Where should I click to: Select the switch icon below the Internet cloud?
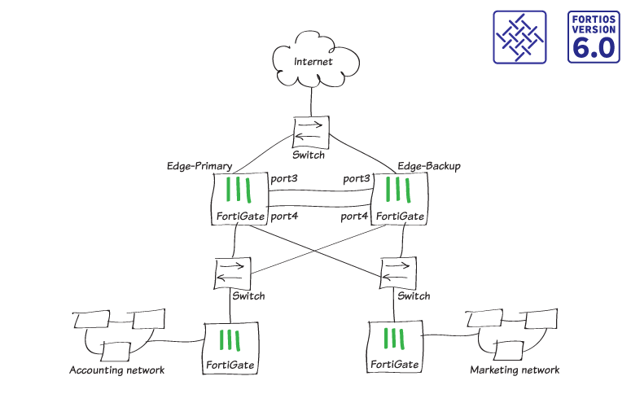click(311, 130)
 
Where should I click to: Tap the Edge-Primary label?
click(199, 166)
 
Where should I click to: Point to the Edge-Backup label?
click(429, 166)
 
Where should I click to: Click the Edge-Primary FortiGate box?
click(239, 199)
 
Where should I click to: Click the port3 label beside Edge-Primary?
click(284, 178)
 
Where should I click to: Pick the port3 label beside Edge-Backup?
click(357, 178)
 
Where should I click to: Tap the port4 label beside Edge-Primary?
click(284, 216)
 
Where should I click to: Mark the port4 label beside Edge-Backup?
click(356, 216)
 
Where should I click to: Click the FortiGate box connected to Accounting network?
click(231, 347)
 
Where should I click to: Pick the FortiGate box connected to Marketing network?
click(396, 347)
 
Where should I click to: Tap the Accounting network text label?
click(117, 370)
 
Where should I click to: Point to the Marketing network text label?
click(515, 370)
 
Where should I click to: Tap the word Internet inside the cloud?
click(314, 61)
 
